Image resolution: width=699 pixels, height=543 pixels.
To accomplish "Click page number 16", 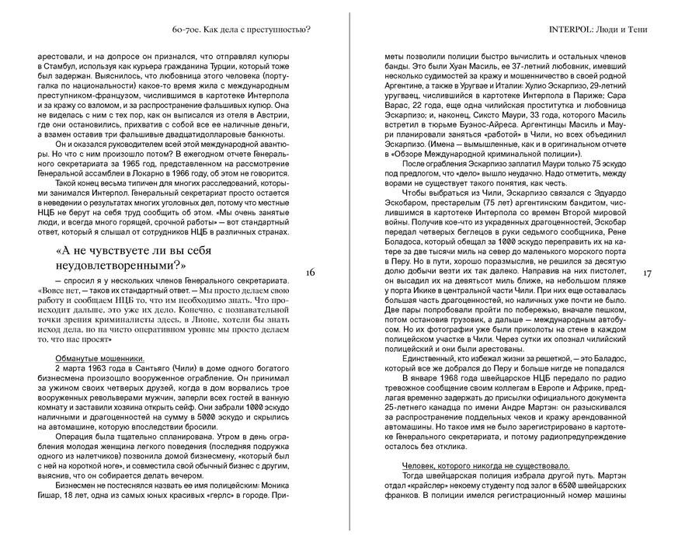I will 310,272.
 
